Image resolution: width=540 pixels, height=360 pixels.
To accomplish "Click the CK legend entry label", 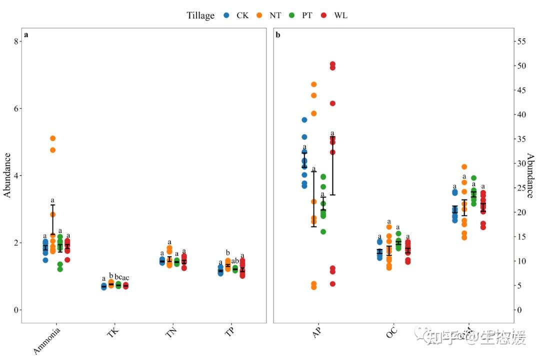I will tap(242, 15).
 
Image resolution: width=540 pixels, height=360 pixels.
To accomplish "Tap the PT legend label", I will tap(307, 15).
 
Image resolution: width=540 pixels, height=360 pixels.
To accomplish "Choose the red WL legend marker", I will tap(323, 15).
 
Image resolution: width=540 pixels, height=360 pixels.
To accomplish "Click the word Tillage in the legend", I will tap(200, 15).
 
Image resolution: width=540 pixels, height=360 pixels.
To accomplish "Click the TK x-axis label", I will tap(113, 332).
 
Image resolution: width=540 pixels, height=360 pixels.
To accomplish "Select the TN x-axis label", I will tap(171, 332).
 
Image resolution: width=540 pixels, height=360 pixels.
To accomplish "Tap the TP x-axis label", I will tap(230, 332).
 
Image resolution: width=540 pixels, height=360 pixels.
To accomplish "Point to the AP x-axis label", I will tap(317, 332).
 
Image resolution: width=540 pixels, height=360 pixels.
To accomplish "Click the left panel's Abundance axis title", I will tap(7, 175).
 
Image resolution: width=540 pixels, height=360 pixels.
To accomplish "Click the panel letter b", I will tap(278, 35).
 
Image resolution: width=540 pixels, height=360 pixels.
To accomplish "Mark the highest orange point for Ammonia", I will tap(52, 138).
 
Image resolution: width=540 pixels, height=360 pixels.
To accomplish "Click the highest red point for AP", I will tap(332, 64).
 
